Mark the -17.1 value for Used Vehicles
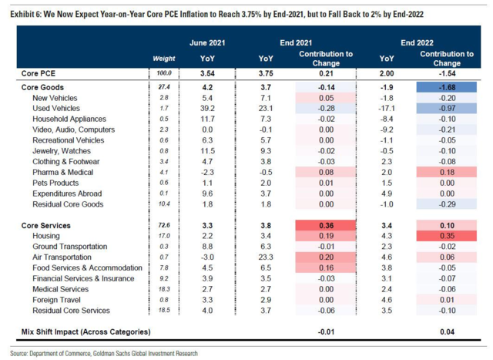click(388, 109)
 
